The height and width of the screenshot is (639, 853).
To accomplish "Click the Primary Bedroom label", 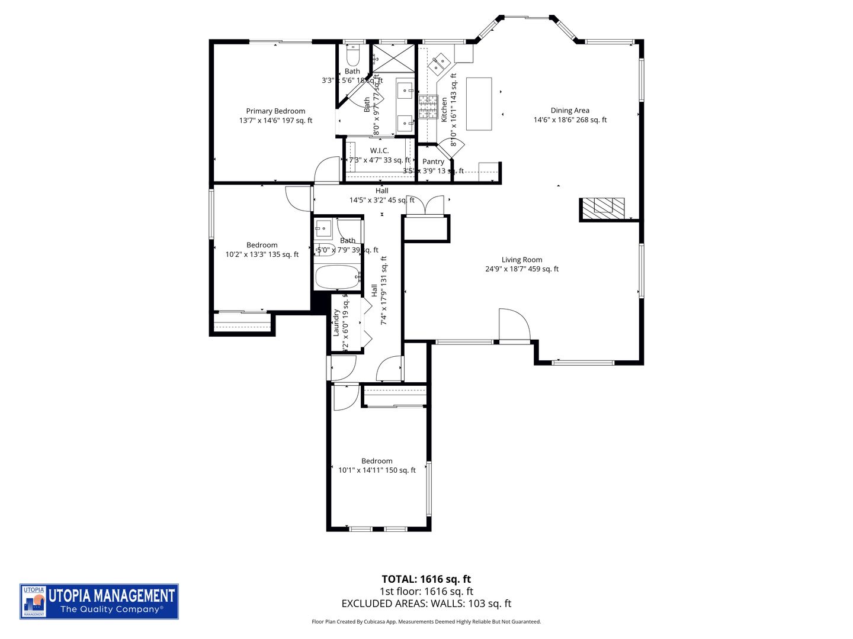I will point(275,111).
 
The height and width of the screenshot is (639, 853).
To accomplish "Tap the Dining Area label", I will point(570,111).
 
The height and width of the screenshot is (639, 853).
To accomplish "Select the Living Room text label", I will point(521,260).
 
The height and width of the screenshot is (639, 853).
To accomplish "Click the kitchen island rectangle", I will point(479,104).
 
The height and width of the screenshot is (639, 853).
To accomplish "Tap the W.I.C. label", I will point(379,151).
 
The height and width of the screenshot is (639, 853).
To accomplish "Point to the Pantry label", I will point(433,162).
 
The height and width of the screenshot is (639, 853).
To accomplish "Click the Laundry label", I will point(336,322).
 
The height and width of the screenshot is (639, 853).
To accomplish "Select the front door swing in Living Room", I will point(514,325).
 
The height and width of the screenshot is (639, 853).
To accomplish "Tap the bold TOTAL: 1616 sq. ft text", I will point(426,579).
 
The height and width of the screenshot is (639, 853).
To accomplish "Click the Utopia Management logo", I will point(99,602).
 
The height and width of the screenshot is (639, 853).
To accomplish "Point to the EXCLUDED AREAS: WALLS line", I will point(426,603).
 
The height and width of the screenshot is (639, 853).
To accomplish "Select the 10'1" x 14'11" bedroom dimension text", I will point(377,470).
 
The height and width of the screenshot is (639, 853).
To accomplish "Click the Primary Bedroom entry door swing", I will point(326,170).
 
